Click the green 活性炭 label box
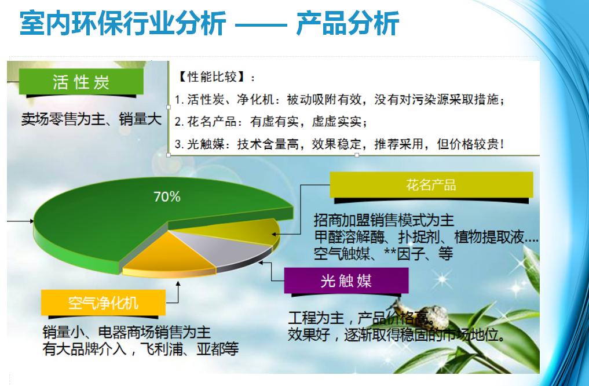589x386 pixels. pos(81,82)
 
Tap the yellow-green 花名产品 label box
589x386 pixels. pos(431,184)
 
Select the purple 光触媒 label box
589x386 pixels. pos(346,281)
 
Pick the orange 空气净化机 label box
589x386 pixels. pos(103,302)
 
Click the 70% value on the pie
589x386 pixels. pos(167,196)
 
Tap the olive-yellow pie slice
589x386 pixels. pos(240,230)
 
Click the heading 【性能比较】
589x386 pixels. pos(215,78)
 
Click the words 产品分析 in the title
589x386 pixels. pos(347,23)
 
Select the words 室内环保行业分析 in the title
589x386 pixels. pos(123,23)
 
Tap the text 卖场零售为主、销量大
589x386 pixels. pos(92,119)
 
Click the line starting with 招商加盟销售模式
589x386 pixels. pos(384,220)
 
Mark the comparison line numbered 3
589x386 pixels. pos(339,144)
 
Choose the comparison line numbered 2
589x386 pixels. pos(271,122)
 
